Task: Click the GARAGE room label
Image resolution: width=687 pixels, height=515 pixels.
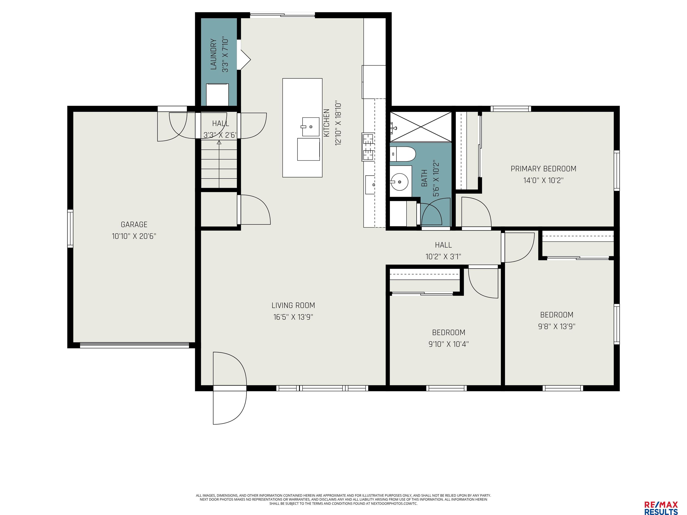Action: click(134, 224)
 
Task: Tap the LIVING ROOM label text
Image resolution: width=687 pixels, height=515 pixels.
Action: click(293, 306)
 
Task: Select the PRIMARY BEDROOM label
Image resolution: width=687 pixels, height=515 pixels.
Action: click(543, 169)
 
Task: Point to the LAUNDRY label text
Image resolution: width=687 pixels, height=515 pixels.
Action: click(213, 54)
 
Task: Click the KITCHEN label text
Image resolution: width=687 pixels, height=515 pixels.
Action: click(327, 123)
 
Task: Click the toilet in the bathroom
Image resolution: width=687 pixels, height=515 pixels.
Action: click(403, 154)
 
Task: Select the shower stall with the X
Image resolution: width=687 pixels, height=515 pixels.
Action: click(420, 127)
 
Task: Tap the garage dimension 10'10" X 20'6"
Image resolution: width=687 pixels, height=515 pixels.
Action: click(134, 236)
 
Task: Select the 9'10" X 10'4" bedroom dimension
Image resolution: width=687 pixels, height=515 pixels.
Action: click(448, 344)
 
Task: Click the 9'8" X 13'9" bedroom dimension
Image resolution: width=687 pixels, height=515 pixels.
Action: click(557, 327)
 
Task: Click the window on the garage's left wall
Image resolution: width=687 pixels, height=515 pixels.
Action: click(70, 228)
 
